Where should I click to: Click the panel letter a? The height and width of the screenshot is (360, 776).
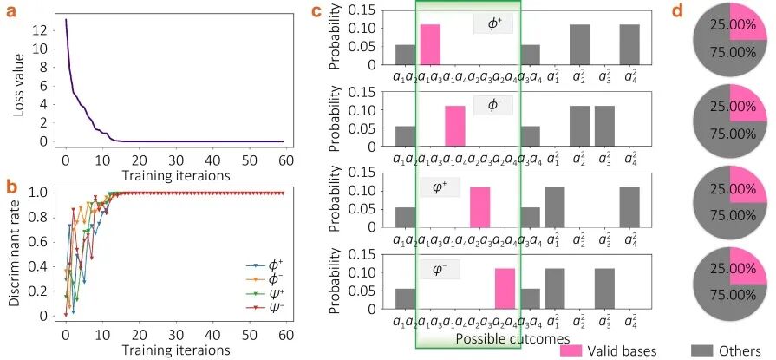tap(13, 11)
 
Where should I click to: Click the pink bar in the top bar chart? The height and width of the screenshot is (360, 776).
tap(431, 44)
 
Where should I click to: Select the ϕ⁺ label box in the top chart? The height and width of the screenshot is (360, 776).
tap(493, 23)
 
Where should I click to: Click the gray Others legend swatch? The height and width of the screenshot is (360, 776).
tap(701, 350)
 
